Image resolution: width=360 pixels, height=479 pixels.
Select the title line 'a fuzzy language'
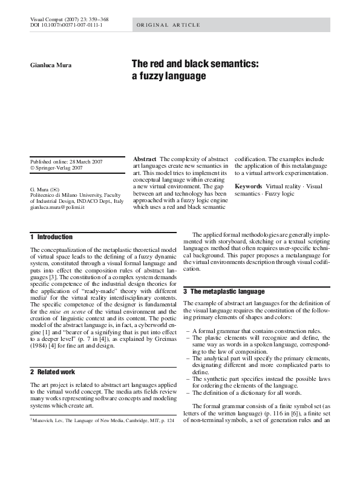[x=169, y=76]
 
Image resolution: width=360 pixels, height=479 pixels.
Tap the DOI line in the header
[x=66, y=25]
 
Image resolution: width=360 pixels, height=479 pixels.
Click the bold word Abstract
[x=145, y=159]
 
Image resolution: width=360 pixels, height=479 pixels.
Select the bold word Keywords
[x=248, y=186]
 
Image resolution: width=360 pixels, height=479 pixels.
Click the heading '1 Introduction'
[x=51, y=237]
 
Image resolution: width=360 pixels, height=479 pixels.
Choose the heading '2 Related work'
[x=53, y=371]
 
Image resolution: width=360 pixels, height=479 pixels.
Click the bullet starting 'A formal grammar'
[x=249, y=331]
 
